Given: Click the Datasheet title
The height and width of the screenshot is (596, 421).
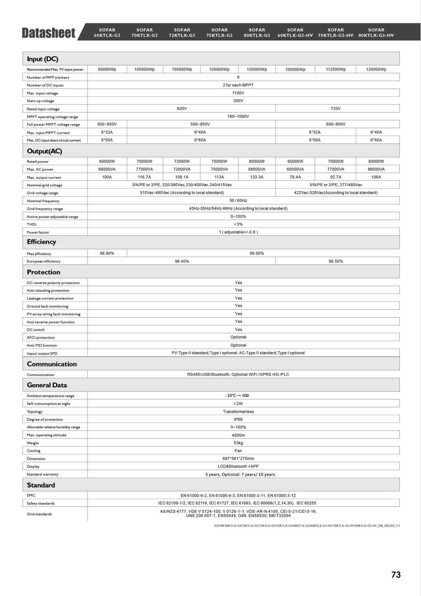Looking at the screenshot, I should pyautogui.click(x=49, y=33).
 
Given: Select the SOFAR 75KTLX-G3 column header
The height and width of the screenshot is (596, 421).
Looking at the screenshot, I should pyautogui.click(x=220, y=33).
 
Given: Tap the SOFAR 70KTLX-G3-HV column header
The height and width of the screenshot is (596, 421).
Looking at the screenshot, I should pyautogui.click(x=336, y=33).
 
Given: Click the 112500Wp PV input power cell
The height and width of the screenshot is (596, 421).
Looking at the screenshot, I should pyautogui.click(x=336, y=69).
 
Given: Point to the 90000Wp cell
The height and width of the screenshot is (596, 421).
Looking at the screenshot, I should pyautogui.click(x=107, y=69).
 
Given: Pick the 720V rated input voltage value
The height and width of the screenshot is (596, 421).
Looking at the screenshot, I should pyautogui.click(x=336, y=109).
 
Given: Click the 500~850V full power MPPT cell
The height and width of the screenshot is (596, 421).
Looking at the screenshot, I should pyautogui.click(x=107, y=124).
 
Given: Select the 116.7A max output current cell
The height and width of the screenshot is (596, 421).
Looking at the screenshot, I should pyautogui.click(x=145, y=177).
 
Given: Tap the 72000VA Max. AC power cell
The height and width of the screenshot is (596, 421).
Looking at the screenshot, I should pyautogui.click(x=182, y=169).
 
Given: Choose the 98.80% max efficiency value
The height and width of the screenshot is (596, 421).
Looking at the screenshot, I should pyautogui.click(x=107, y=253).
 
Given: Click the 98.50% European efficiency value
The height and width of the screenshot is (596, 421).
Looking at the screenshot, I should pyautogui.click(x=336, y=261).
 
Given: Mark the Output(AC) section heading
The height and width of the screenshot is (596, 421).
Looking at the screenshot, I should pyautogui.click(x=44, y=151).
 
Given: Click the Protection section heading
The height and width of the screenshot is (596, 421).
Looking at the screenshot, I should pyautogui.click(x=44, y=272).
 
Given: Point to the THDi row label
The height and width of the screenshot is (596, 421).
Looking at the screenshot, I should pyautogui.click(x=32, y=224).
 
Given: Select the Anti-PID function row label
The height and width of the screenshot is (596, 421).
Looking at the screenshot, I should pyautogui.click(x=42, y=345).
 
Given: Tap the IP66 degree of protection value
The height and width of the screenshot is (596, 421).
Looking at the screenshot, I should pyautogui.click(x=238, y=419).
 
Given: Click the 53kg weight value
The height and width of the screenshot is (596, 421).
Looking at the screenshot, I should pyautogui.click(x=238, y=443).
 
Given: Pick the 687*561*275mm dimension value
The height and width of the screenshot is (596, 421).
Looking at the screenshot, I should pyautogui.click(x=238, y=459).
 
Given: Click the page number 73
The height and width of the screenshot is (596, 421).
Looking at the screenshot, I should pyautogui.click(x=396, y=575).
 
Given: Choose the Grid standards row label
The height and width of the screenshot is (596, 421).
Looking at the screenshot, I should pyautogui.click(x=39, y=514).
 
